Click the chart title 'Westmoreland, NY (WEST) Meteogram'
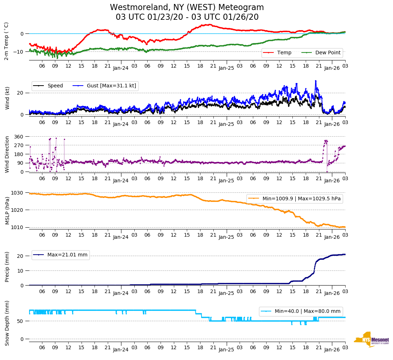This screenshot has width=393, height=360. (x=187, y=8)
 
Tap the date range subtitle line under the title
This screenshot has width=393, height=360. (x=187, y=17)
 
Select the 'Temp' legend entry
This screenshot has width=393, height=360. (x=283, y=53)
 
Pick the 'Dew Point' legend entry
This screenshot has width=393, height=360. (x=328, y=53)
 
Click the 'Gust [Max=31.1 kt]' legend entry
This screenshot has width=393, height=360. (x=111, y=86)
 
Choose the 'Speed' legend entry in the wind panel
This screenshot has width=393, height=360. (x=55, y=86)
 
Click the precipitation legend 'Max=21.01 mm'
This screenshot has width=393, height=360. (x=67, y=255)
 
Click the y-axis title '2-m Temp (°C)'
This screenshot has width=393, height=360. (x=6, y=41)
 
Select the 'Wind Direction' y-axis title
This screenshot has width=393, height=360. (x=7, y=154)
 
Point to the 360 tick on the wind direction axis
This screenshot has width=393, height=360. (x=19, y=137)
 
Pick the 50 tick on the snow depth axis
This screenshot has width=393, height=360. (x=21, y=321)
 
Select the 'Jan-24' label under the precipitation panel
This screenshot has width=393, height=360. (x=121, y=293)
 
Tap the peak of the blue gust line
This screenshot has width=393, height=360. (x=315, y=81)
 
